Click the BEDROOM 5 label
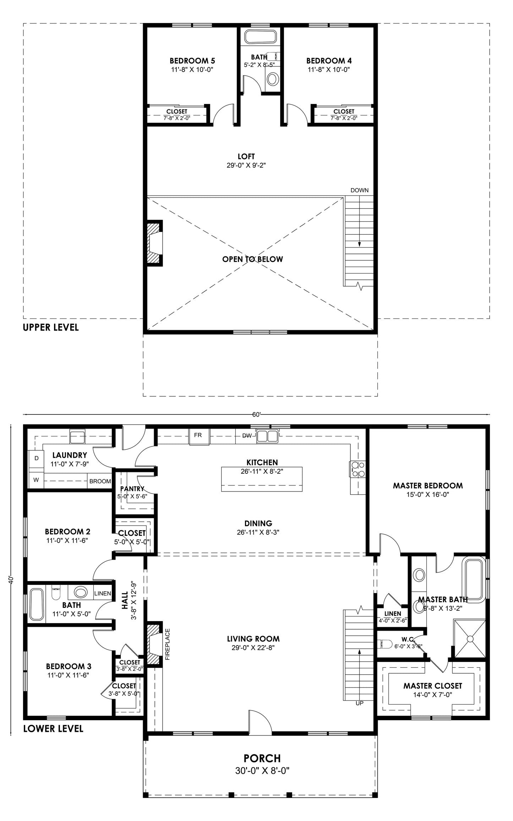(x=192, y=61)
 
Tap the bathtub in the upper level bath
(x=261, y=37)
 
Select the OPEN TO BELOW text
(x=252, y=259)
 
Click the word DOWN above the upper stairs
(x=359, y=190)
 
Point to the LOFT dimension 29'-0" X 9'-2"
(x=246, y=165)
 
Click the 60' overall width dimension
(x=256, y=414)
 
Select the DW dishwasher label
(x=247, y=436)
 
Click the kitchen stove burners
(x=358, y=469)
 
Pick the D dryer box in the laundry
(x=36, y=458)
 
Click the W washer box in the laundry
(x=36, y=480)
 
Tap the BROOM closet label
(x=100, y=482)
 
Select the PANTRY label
(x=132, y=489)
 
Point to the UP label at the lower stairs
(x=359, y=703)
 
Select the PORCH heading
(x=262, y=759)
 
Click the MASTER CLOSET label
(x=432, y=686)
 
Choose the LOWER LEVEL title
(x=53, y=729)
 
